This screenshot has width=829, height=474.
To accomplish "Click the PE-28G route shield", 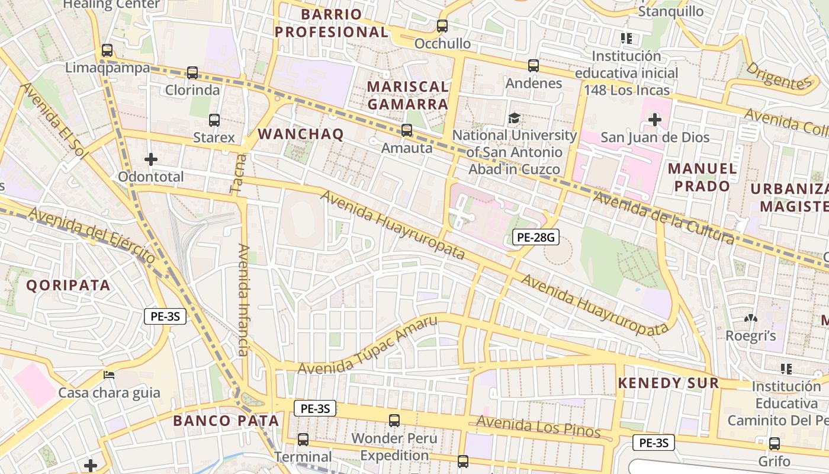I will point(535,238).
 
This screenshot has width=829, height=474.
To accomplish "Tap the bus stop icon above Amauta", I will point(406,130).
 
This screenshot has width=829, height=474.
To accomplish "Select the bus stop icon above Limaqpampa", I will point(107,50).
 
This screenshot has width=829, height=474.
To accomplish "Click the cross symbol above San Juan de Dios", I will point(654,120).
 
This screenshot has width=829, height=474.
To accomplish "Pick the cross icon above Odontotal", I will point(151,159).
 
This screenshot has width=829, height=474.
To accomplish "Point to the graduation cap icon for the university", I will point(514,118).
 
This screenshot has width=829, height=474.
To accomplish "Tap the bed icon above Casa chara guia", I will point(108,374).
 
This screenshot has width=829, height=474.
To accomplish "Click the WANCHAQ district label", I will point(301,134).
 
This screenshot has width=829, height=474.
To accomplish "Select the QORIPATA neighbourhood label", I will point(69,285).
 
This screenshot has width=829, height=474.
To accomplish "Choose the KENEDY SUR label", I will point(668,383).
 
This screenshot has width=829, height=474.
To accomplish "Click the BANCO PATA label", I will point(226,421).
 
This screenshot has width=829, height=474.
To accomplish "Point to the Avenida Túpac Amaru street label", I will point(367,345).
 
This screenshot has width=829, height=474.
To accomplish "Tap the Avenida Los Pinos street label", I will point(539,426).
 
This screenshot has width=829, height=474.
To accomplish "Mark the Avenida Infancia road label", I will point(243,299).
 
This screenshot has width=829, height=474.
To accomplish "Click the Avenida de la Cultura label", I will point(663,217).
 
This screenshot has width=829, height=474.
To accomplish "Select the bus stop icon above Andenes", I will point(534,65).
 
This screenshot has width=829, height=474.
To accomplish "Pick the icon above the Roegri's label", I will point(751,318).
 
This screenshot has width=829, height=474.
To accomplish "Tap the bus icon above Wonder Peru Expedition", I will point(394,421).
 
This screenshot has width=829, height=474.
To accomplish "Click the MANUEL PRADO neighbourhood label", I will point(702,177).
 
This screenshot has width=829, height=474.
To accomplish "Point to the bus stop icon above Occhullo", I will point(442,26).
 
